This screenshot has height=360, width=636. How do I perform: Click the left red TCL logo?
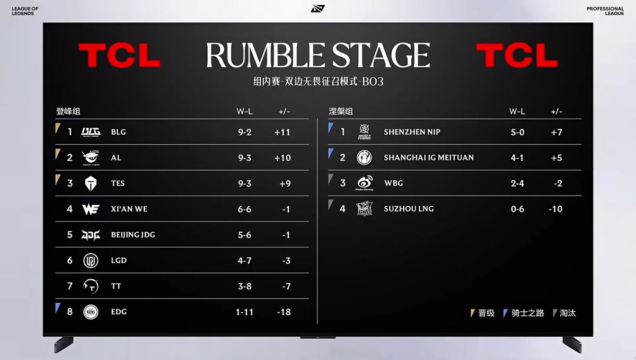pos(120,55)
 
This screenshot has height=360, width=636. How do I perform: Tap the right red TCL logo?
pos(517,55)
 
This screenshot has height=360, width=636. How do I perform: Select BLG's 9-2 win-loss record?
pos(245,132)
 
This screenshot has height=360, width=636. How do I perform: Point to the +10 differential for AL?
pos(282,158)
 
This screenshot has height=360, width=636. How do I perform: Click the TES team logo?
pos(91,183)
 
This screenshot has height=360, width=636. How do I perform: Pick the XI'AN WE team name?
pos(129,209)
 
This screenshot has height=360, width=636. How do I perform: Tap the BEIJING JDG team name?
pos(133,235)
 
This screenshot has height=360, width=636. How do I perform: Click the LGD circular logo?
pos(91,260)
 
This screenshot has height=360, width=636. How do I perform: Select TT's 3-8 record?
pos(245,286)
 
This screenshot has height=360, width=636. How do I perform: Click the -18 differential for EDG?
pos(284,312)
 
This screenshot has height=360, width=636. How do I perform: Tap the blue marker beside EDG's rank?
pos(58,308)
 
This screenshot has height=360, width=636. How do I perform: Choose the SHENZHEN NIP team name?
pos(412,132)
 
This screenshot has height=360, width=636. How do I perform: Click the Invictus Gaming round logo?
pos(364,157)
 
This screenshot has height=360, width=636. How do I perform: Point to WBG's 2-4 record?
pos(517,183)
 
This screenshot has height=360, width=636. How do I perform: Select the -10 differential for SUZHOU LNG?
pos(555,209)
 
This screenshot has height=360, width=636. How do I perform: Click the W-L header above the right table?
pos(517,111)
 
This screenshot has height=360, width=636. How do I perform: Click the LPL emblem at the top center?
pos(317,8)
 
